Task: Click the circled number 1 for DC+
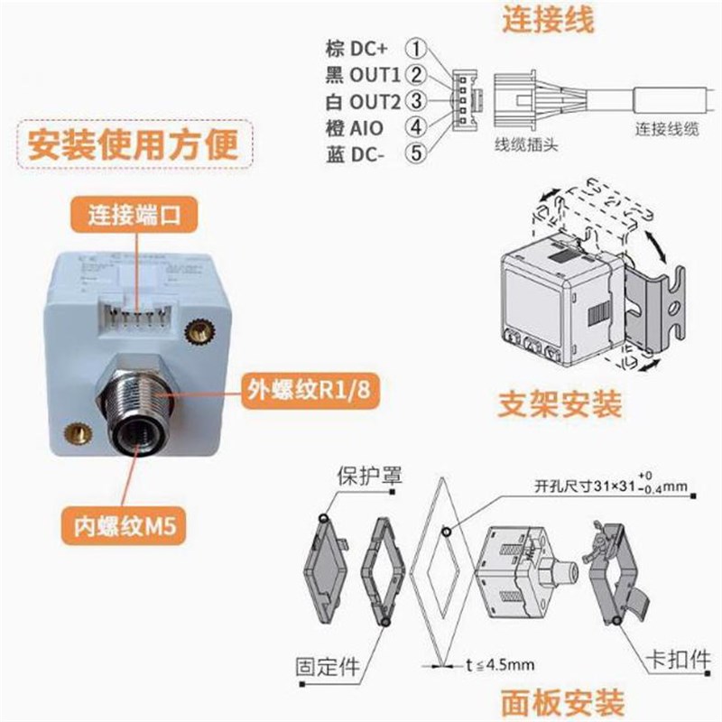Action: (416, 47)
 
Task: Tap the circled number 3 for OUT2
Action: (416, 99)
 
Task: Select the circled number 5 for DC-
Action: (416, 153)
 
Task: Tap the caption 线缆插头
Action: (525, 144)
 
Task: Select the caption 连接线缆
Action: (667, 129)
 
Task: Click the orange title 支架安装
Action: (560, 405)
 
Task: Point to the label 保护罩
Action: (364, 476)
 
